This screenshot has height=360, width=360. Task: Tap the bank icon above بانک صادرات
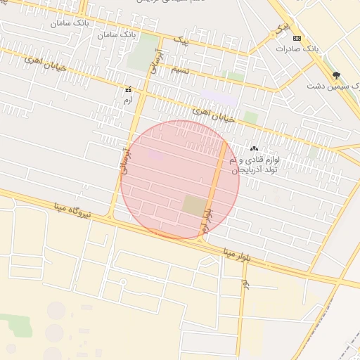pos(297,37)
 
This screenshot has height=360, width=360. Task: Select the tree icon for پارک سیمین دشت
pos(336,75)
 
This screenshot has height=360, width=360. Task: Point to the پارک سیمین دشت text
pos(332,86)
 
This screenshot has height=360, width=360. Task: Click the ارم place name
pos(127,101)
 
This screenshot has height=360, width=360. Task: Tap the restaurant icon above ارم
pos(128,90)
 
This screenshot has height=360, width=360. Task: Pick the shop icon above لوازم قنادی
pos(254,148)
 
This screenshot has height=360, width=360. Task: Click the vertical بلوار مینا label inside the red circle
pos(206,220)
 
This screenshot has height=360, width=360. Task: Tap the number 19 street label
pos(244,284)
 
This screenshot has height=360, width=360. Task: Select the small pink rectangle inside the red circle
pos(156,155)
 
